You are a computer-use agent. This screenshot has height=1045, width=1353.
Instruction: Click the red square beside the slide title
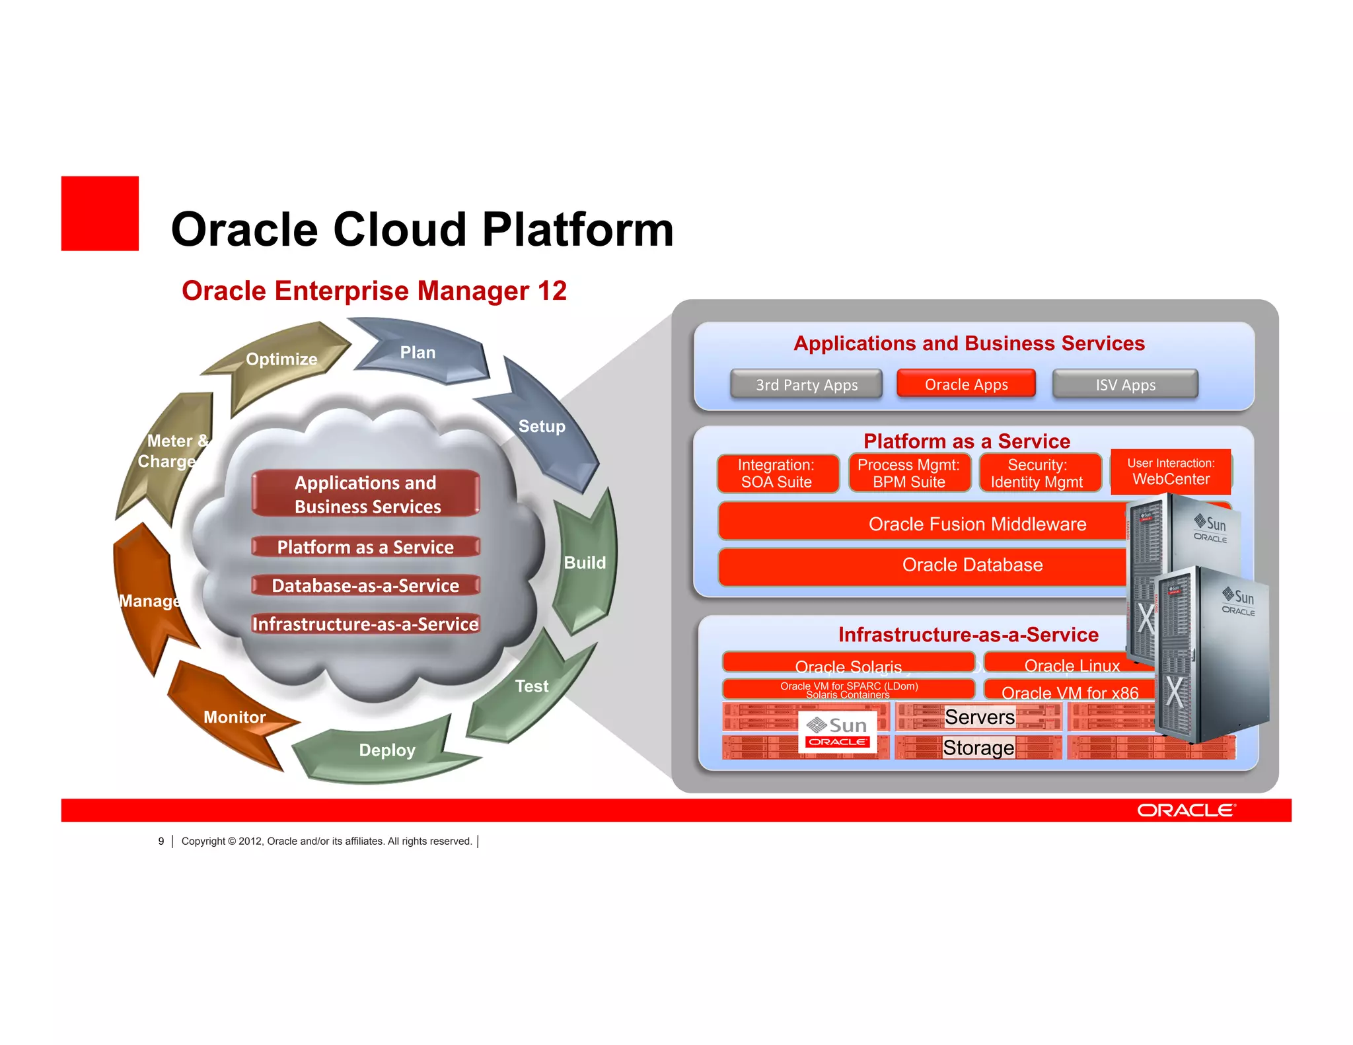100,213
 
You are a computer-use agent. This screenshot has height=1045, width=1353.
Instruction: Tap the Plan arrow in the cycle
423,353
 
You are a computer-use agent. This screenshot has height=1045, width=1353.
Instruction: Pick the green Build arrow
585,563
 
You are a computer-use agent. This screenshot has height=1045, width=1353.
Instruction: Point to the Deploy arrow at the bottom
386,751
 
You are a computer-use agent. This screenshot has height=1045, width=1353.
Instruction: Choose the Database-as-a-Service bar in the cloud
365,586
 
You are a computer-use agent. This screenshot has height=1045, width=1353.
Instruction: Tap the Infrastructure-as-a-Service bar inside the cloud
365,624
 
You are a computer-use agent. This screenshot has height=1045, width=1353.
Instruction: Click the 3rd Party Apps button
806,384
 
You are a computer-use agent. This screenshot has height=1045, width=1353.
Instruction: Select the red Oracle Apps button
966,384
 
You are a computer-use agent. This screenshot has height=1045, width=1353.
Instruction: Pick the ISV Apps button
1125,384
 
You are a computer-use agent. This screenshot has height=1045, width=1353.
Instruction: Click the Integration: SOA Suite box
777,473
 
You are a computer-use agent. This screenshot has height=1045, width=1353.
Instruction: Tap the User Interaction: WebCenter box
1171,472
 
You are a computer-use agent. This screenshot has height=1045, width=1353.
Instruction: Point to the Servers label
979,717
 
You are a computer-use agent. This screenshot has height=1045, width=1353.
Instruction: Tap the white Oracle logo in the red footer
1186,811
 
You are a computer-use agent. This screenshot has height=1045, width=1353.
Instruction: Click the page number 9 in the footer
161,841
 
